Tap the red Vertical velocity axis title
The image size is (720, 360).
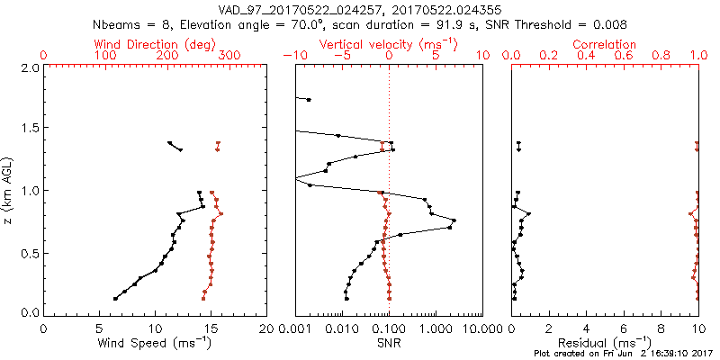[389, 44]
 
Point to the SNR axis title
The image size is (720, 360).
[389, 343]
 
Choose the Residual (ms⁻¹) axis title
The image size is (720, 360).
[605, 344]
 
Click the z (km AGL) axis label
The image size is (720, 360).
[10, 190]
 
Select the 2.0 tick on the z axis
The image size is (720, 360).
[29, 67]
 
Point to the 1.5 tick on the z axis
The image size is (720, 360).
[29, 129]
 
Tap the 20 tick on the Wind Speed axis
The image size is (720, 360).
[265, 328]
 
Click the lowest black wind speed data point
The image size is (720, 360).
[115, 299]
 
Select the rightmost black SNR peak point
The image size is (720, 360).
[454, 220]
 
